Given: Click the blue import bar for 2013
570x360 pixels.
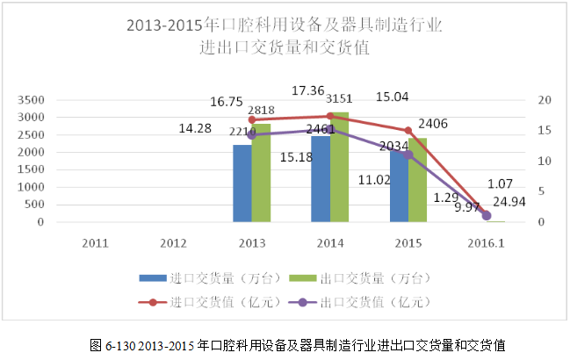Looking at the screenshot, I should [x=242, y=184].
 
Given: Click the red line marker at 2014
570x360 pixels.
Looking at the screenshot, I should [x=330, y=116].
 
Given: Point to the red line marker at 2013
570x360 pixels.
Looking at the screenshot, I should [x=252, y=119].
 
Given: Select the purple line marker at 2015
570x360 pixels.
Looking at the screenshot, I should [x=408, y=155].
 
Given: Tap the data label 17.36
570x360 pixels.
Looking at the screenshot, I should [x=310, y=90].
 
